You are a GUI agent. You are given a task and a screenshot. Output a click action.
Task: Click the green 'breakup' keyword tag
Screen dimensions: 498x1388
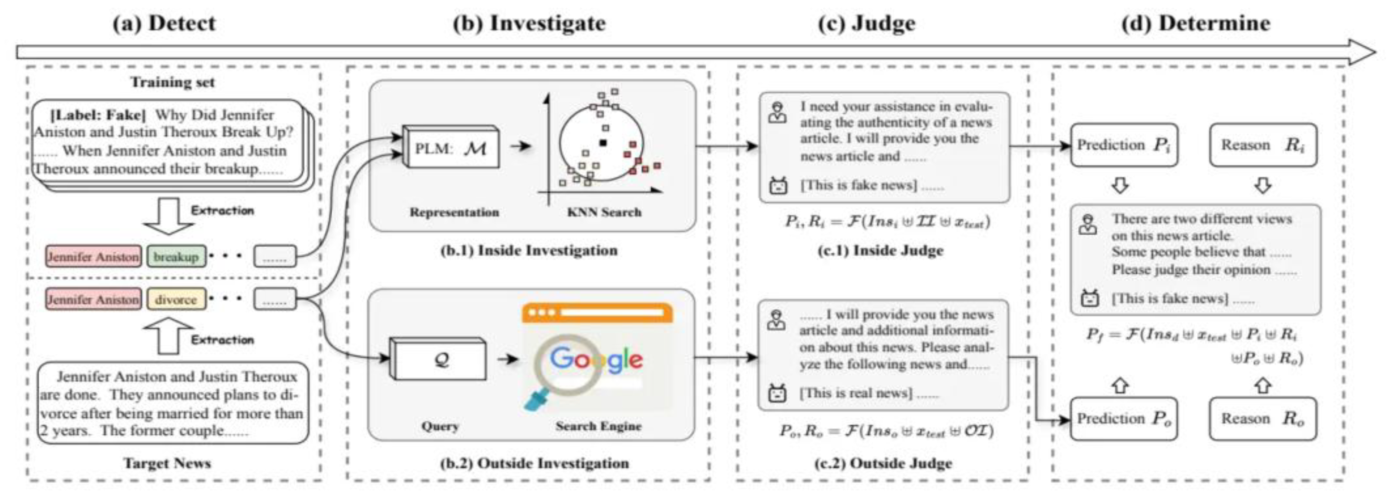175,257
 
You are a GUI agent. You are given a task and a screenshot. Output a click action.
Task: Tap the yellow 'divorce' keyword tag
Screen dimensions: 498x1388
175,299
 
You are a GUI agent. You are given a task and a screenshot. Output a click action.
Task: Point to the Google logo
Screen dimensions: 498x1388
596,359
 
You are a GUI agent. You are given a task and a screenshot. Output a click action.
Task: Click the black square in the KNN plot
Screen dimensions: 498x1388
603,143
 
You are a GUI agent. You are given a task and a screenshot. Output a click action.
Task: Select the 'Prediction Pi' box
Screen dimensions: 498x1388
1123,145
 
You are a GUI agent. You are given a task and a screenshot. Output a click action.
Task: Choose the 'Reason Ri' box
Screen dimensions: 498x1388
1263,145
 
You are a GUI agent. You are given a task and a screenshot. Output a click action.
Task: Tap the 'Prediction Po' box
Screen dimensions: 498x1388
1123,419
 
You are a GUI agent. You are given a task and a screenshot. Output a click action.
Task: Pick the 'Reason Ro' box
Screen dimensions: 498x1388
1263,419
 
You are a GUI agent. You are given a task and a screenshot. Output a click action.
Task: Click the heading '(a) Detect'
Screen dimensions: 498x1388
164,23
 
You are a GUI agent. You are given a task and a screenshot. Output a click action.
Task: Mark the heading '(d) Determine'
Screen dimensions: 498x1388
1196,23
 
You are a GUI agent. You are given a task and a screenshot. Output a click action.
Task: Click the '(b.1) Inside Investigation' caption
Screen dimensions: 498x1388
529,251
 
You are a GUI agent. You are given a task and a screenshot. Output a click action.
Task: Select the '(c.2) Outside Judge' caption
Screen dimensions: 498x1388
884,463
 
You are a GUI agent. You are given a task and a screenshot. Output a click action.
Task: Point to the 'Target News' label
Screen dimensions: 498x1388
167,463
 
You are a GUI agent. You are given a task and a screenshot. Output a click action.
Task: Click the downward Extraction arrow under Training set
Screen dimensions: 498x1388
168,216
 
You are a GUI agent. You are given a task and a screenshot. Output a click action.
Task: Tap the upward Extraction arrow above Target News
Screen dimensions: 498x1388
168,335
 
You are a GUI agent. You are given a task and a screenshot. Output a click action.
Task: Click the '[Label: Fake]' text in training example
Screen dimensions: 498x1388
98,115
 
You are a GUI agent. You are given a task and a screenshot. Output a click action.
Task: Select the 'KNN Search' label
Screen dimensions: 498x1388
604,212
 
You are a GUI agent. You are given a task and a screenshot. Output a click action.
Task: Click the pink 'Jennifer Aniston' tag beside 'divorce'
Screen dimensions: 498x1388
93,299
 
